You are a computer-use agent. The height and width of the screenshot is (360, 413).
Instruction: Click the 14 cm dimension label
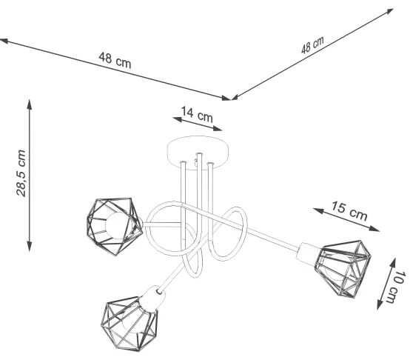click(196, 114)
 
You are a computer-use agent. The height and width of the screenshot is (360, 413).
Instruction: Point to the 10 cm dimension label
click(397, 284)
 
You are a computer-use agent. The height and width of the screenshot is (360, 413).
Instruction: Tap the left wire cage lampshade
click(113, 223)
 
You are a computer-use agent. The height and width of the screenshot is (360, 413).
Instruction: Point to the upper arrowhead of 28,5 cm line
click(30, 103)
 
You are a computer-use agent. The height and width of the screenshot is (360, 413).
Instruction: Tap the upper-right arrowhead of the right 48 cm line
click(393, 10)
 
